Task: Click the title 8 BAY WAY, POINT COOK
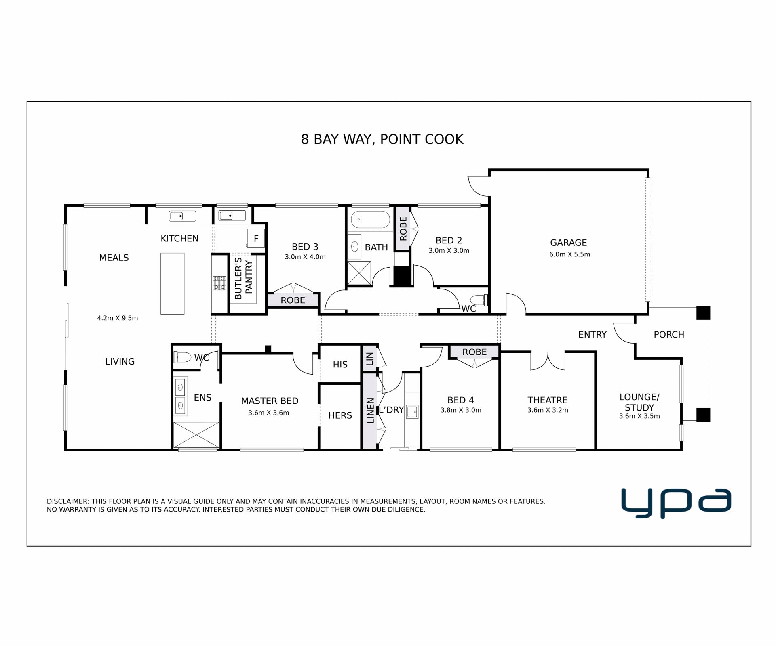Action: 382,139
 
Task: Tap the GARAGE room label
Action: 568,243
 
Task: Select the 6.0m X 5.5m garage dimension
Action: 569,254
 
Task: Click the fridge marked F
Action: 256,239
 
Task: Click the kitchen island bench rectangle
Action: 173,283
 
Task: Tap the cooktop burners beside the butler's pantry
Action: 219,283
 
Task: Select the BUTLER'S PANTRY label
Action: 243,279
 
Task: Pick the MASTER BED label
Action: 270,401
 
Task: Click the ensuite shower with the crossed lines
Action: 196,434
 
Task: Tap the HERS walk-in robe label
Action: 340,415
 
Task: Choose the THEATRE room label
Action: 547,400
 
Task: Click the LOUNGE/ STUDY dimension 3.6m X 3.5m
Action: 639,416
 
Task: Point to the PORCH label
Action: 669,335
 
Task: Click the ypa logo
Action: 676,503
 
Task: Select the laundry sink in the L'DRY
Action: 412,411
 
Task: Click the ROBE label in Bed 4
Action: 474,352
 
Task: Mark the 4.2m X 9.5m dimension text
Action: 118,318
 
